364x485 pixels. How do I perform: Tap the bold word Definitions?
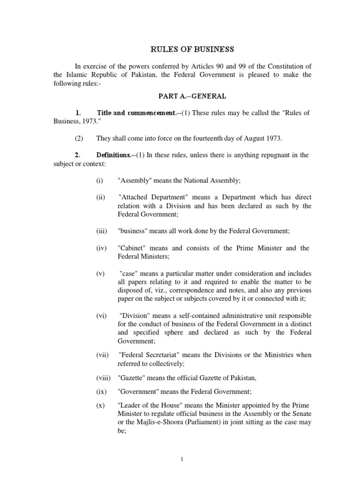click(113, 155)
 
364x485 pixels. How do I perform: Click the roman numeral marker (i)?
click(99, 180)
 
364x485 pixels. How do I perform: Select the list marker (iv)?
click(101, 248)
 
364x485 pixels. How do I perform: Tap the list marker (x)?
click(100, 405)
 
